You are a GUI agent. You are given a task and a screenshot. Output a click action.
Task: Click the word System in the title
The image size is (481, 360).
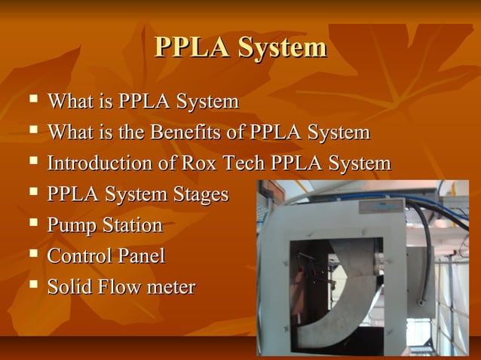click(x=283, y=47)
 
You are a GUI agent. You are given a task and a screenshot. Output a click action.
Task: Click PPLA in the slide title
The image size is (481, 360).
click(x=193, y=47)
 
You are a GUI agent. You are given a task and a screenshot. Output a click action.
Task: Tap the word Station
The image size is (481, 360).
click(x=130, y=225)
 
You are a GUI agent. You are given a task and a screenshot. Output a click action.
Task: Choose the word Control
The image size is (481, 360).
click(x=78, y=256)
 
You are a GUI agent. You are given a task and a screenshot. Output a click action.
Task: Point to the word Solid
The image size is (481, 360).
click(x=69, y=287)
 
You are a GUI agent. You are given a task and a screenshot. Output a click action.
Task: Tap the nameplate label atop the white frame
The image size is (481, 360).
click(x=376, y=205)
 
